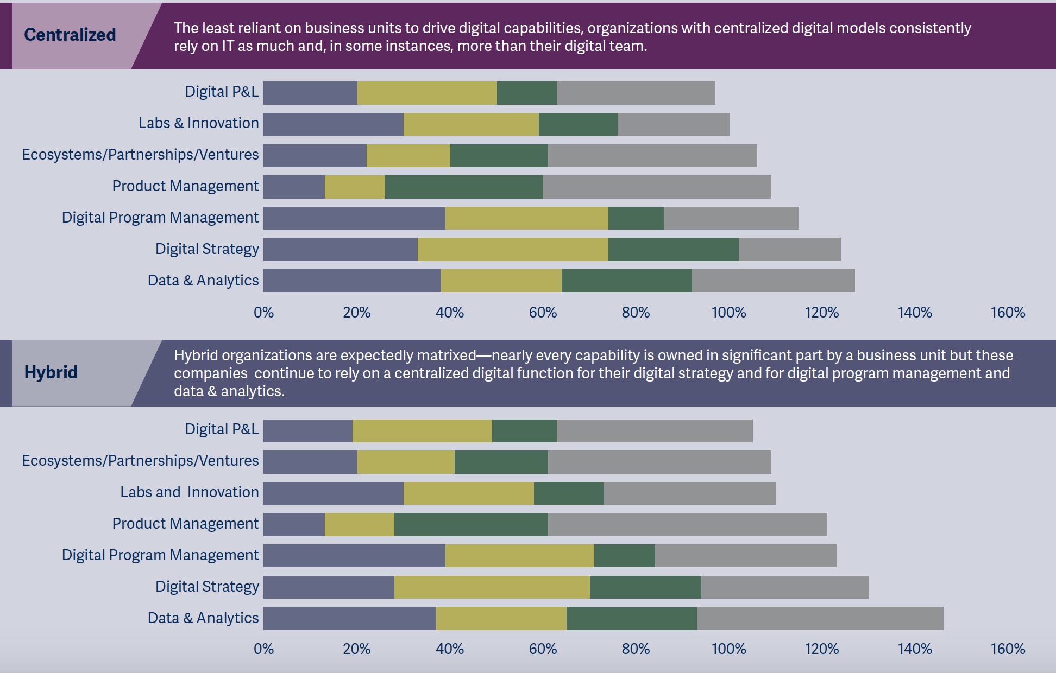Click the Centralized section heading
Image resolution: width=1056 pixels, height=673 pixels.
pos(70,35)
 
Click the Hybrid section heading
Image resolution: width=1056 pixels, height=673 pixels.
pos(51,372)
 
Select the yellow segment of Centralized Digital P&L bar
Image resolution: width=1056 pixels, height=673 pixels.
pos(427,93)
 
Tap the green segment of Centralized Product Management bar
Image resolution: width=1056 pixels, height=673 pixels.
pos(464,187)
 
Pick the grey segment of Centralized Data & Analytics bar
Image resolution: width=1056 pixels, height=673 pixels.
pos(773,281)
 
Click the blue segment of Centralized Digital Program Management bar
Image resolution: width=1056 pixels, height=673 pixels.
pos(354,218)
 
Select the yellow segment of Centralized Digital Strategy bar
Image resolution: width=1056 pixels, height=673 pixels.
pos(513,250)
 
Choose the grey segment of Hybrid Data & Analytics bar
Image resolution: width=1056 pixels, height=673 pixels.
pos(820,619)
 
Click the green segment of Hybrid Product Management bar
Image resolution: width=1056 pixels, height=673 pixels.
pos(471,524)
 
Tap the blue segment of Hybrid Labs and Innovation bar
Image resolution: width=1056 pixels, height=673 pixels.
pos(334,493)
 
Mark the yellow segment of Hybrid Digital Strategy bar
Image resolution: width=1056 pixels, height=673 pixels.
pos(492,587)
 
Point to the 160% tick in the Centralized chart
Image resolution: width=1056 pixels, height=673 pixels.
pos(1008,313)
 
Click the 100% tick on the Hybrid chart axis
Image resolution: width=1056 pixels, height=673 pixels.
pos(728,649)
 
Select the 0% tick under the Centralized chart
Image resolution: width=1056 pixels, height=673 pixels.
pos(264,313)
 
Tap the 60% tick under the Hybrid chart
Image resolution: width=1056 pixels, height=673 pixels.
pos(543,649)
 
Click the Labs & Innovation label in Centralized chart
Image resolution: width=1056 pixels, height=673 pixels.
pos(198,123)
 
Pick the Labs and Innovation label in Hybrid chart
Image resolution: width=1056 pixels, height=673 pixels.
pos(190,492)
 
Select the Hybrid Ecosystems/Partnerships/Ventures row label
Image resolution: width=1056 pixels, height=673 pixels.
pos(140,461)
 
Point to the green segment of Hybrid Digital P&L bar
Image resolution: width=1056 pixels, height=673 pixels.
pos(524,431)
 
